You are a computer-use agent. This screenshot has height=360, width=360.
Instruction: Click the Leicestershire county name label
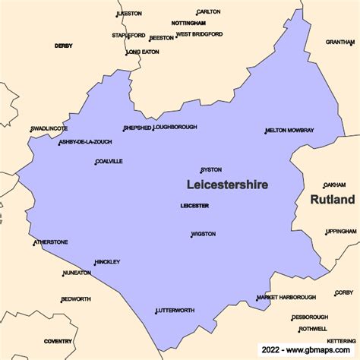(227, 185)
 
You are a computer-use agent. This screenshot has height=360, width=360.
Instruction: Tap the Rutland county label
(332, 200)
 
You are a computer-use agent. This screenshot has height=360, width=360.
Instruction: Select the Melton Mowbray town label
(290, 131)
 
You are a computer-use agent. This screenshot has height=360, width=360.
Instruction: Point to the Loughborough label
(176, 128)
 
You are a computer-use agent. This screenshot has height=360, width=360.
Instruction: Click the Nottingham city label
(188, 24)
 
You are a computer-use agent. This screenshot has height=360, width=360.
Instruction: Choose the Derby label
(63, 46)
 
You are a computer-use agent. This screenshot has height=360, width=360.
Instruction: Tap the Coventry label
(58, 342)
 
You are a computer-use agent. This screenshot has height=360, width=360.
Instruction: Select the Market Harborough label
(287, 297)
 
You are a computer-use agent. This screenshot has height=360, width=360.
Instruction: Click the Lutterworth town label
(175, 311)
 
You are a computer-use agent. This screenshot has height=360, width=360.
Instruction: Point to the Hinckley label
(108, 262)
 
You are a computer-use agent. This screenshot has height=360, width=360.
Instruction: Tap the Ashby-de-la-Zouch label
(85, 142)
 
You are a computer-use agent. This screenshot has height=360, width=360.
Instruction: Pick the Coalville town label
(109, 161)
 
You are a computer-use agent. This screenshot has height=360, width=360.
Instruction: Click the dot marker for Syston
(201, 172)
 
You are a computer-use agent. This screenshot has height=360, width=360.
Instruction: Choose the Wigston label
(204, 234)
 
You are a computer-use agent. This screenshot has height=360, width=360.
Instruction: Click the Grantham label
(339, 42)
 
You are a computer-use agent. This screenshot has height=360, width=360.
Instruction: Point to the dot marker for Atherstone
(33, 245)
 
